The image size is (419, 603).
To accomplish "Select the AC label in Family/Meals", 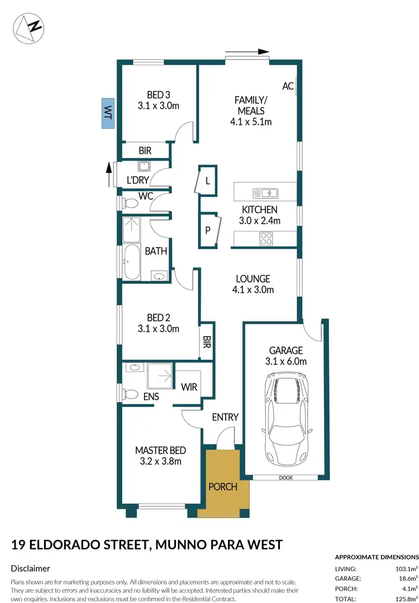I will pyautogui.click(x=288, y=86).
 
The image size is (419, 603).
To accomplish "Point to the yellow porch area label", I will pyautogui.click(x=223, y=486).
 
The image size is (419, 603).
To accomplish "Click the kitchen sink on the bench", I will pyautogui.click(x=265, y=193).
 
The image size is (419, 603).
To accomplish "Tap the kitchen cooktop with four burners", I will pyautogui.click(x=266, y=239).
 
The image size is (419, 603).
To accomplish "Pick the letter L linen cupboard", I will pyautogui.click(x=207, y=181).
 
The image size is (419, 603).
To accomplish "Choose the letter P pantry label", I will pyautogui.click(x=207, y=229).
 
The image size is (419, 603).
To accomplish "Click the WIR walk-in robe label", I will pyautogui.click(x=189, y=387).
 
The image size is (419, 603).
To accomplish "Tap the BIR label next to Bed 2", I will pyautogui.click(x=207, y=340).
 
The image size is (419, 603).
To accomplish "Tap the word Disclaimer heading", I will pyautogui.click(x=31, y=568).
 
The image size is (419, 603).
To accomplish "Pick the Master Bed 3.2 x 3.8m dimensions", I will pyautogui.click(x=160, y=461).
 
